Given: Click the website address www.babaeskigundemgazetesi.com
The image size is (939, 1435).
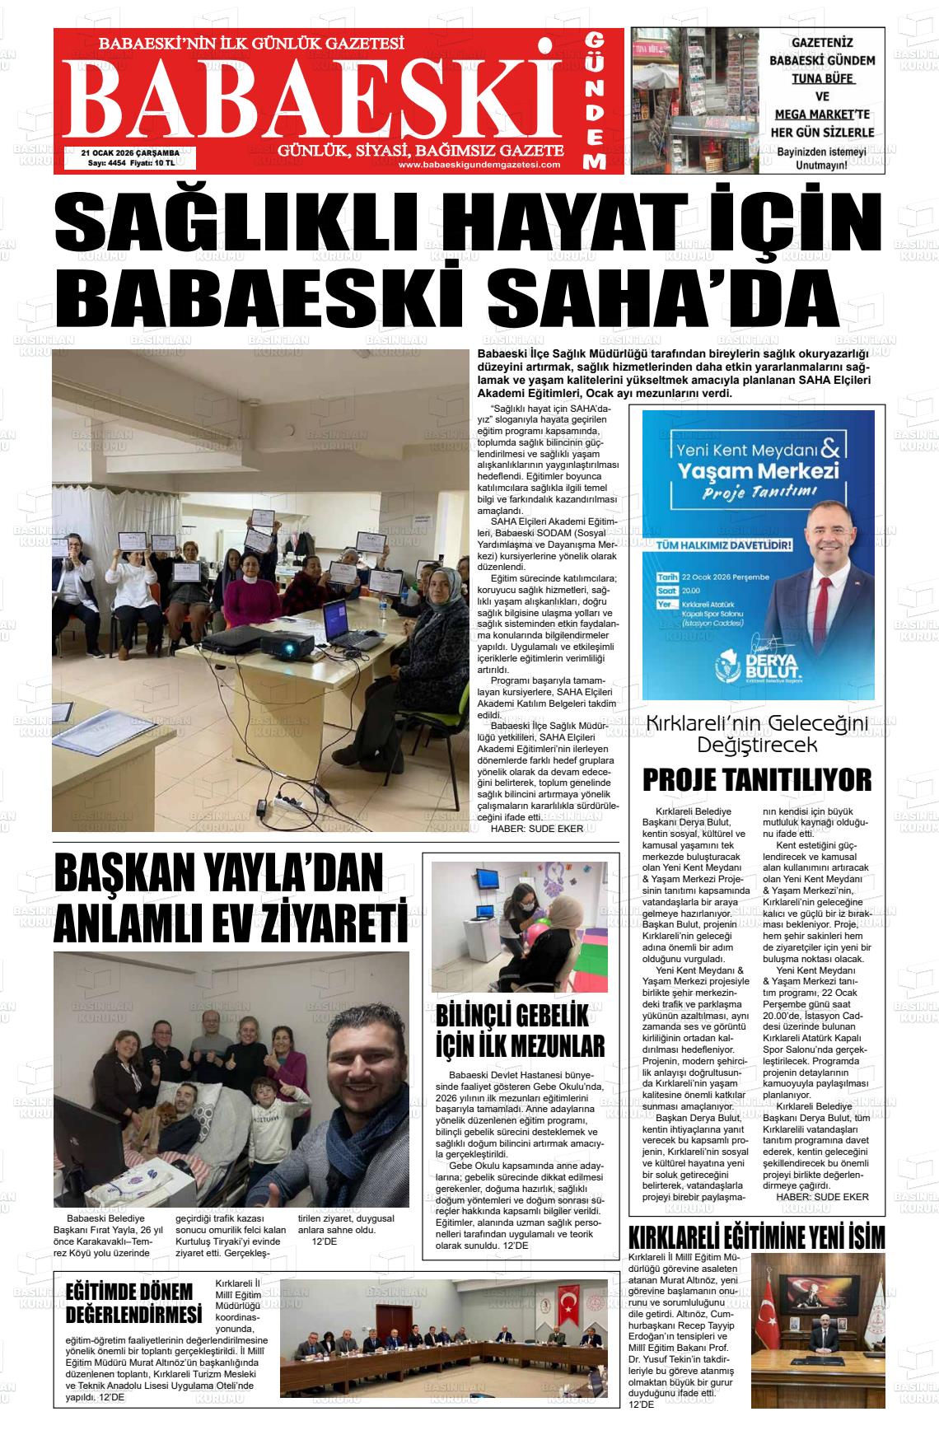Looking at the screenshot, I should pyautogui.click(x=479, y=165).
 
